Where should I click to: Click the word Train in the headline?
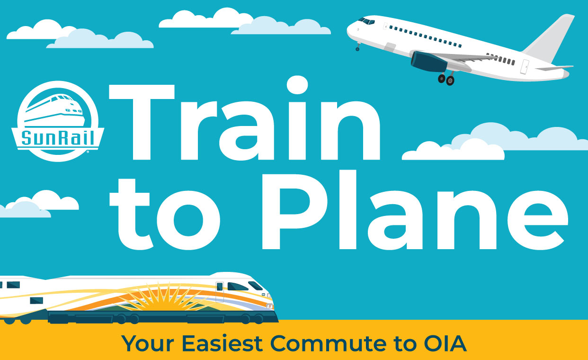tap(245, 118)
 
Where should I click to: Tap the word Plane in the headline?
tap(415, 210)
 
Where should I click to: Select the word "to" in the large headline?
tap(165, 214)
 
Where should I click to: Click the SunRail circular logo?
tap(58, 121)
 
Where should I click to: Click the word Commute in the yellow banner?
tap(328, 343)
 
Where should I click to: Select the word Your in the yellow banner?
tap(148, 343)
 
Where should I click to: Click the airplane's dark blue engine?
tap(429, 62)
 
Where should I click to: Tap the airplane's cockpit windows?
tap(366, 21)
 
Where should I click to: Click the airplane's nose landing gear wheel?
tap(357, 49)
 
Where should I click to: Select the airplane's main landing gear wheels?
tap(446, 79)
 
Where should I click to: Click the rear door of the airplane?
tap(525, 67)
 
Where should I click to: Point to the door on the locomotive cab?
tap(220, 292)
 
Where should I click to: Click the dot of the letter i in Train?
tap(297, 85)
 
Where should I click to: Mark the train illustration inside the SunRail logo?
tap(54, 110)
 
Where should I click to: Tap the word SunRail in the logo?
tap(57, 138)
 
